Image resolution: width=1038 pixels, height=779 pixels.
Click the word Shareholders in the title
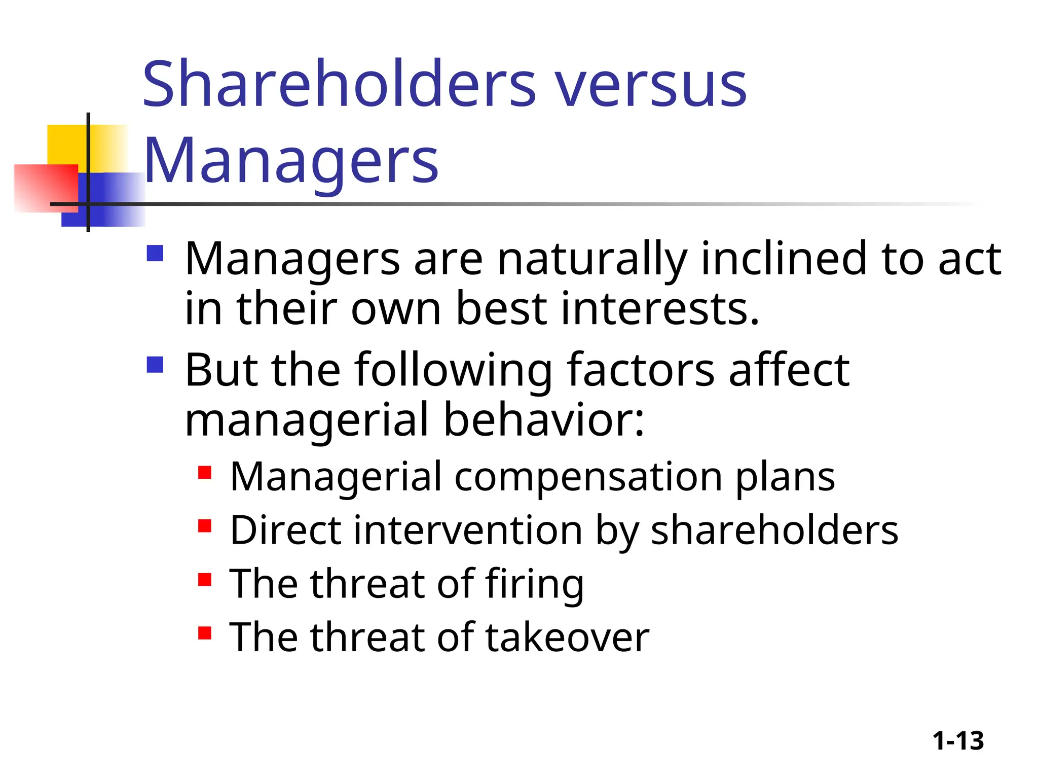pos(339,84)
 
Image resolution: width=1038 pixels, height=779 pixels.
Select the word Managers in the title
pos(291,161)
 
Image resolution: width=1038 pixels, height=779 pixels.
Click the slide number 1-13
pos(958,741)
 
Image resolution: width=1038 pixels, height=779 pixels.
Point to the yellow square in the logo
pos(66,144)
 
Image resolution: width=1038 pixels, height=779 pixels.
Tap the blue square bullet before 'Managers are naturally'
pos(155,253)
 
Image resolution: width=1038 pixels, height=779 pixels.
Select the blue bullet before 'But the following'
pos(155,365)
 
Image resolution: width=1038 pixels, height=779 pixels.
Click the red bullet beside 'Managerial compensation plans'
pos(205,473)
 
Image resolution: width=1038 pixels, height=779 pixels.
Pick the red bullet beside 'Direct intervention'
pos(205,526)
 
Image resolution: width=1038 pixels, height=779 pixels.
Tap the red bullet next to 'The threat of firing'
pos(205,579)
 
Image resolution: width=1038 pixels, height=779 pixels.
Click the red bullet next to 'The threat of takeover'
pos(205,633)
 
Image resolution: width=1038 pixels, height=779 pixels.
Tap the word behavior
pos(543,420)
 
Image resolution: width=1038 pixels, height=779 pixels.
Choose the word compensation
pos(588,478)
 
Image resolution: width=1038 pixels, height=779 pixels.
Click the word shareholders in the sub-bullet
pos(774,530)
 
